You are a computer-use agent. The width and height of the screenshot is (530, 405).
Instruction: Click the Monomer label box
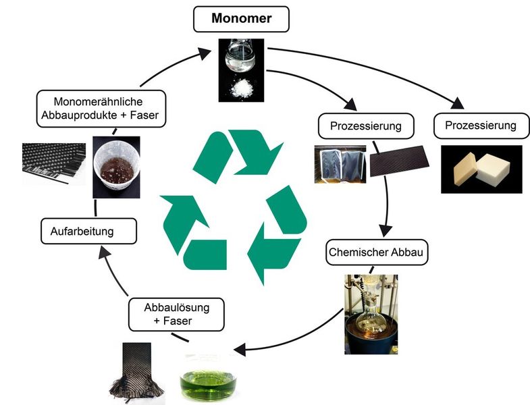point(241,19)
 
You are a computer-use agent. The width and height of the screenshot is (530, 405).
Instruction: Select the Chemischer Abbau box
point(369,253)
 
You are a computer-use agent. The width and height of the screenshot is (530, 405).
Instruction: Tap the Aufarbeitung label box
point(89,232)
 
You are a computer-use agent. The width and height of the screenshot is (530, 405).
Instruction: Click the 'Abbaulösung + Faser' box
point(176,314)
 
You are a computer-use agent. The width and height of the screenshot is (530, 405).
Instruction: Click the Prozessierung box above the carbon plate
point(366,126)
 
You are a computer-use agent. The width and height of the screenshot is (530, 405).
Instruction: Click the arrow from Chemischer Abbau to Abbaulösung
point(297,341)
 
